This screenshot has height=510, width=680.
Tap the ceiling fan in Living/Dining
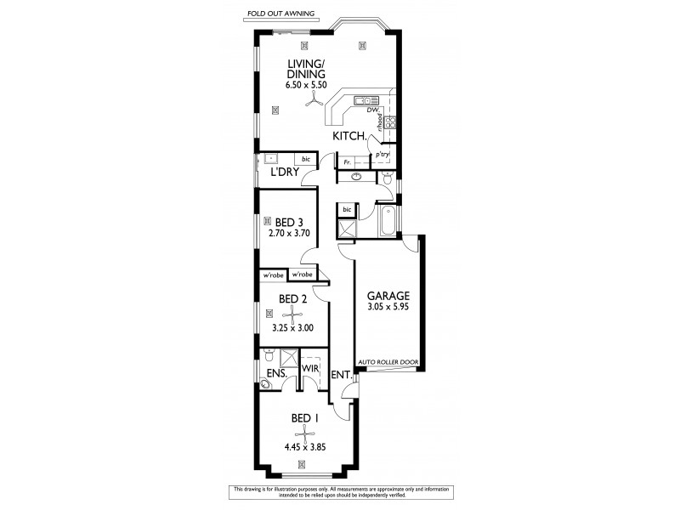314,100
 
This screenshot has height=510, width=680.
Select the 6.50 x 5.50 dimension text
305,87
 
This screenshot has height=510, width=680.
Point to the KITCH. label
350,136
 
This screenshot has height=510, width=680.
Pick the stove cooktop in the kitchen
391,122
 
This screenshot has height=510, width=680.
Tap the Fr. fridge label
347,161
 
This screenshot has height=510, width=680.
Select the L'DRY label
283,173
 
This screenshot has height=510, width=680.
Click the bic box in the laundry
305,159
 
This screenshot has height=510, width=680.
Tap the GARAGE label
388,295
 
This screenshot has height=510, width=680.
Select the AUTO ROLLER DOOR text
388,361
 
